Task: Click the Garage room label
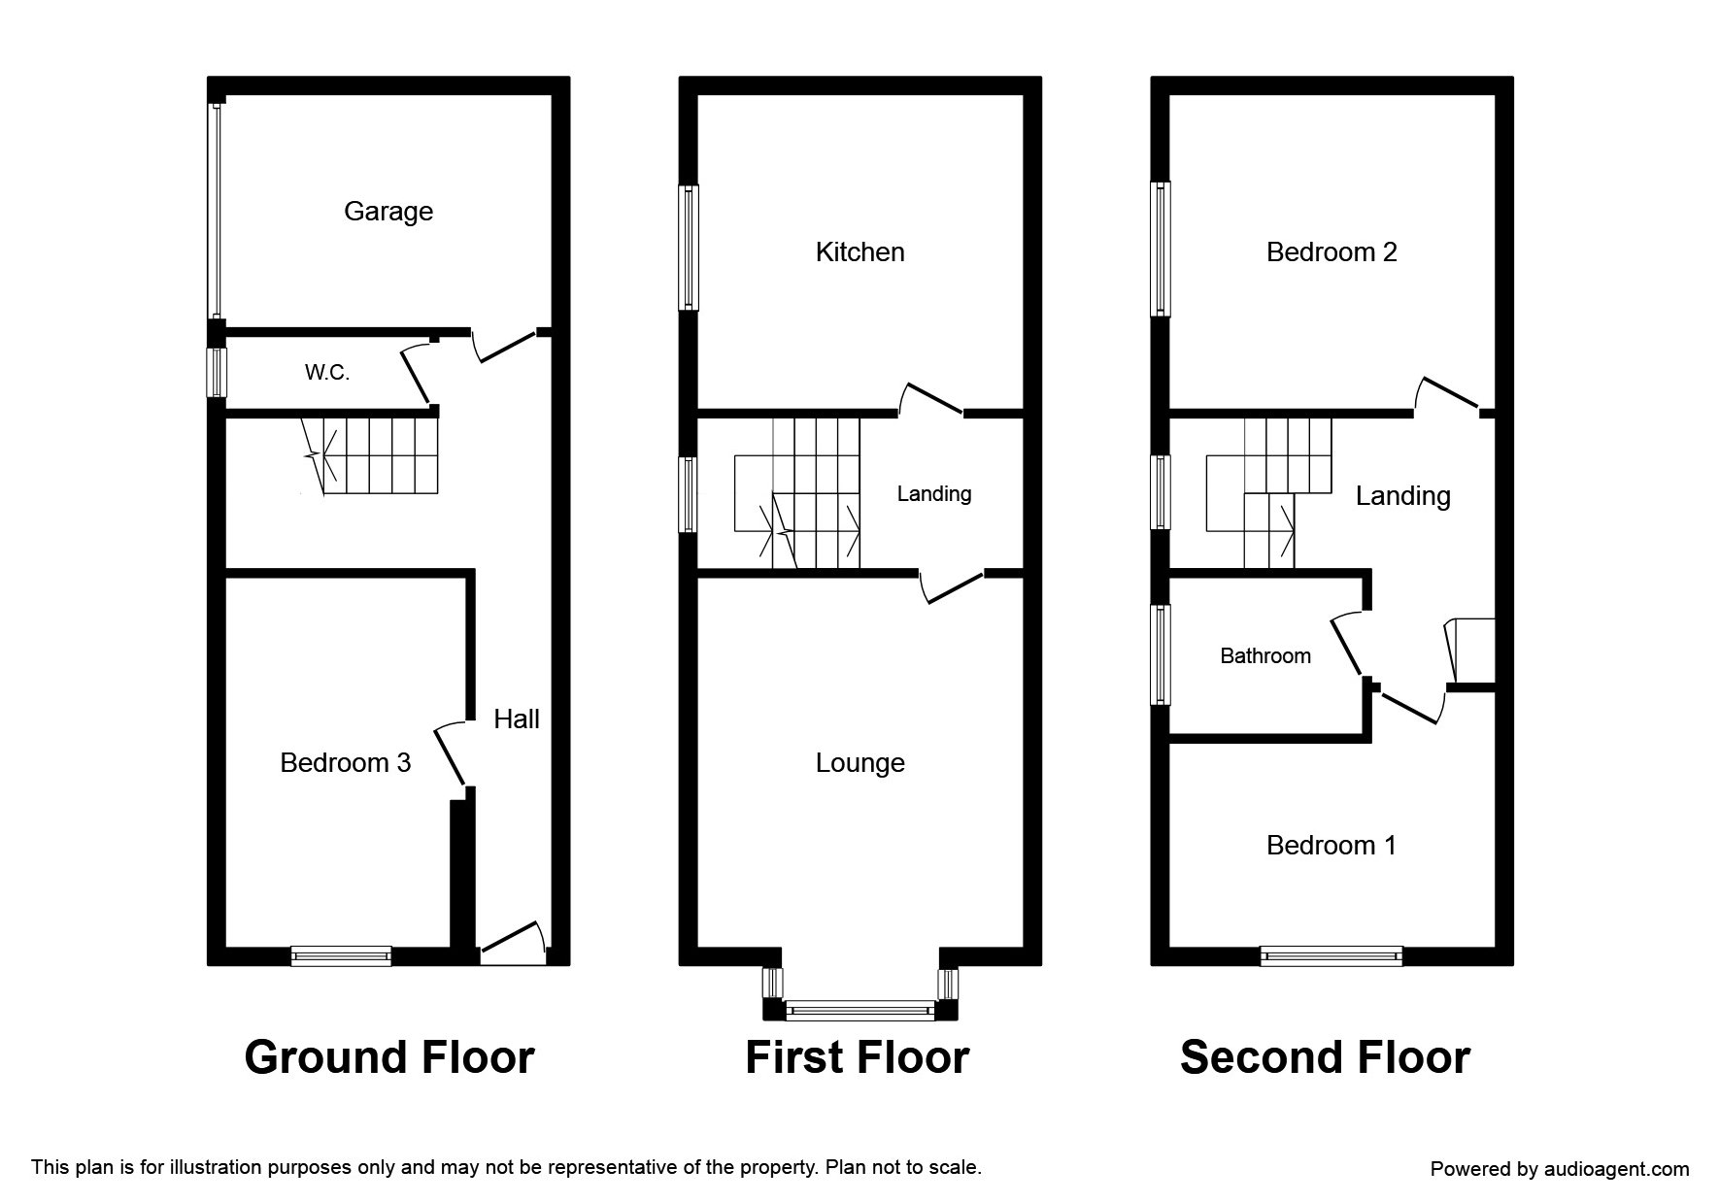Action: (388, 212)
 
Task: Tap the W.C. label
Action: (327, 372)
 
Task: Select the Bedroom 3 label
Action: (345, 763)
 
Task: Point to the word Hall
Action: (516, 719)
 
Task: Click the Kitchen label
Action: (859, 252)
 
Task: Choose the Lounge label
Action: (859, 763)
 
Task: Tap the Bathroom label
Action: (1264, 656)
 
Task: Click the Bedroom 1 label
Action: (1331, 846)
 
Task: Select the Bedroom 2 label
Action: (1331, 252)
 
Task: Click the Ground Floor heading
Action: (388, 1057)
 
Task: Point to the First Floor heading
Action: (857, 1057)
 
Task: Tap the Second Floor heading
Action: (1325, 1057)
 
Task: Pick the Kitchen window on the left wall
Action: (689, 248)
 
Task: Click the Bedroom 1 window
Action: (1331, 956)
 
